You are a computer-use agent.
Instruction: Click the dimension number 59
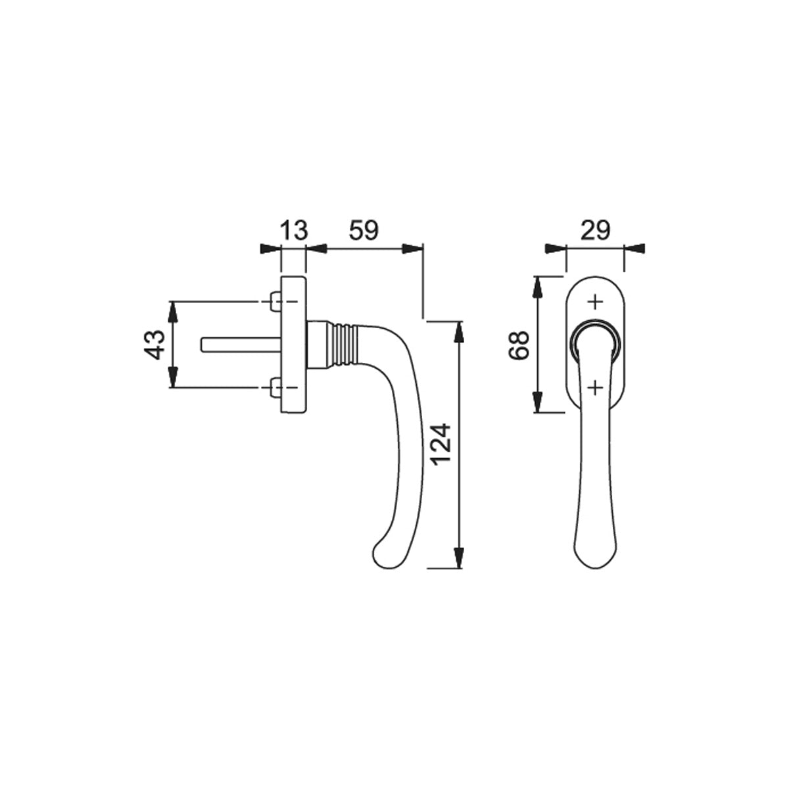tap(364, 231)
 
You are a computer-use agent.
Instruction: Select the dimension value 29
tap(596, 231)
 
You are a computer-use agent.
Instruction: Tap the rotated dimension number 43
tap(156, 345)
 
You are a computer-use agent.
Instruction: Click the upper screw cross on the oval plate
tap(596, 302)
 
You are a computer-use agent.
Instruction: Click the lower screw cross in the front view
tap(596, 387)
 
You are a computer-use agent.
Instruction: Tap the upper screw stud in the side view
tap(275, 302)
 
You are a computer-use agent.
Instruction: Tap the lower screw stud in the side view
tap(275, 387)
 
